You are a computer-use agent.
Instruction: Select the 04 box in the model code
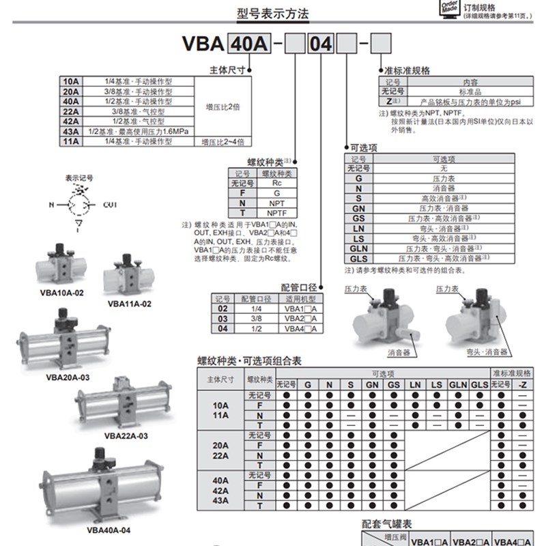click(321, 44)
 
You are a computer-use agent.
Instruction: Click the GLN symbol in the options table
click(358, 249)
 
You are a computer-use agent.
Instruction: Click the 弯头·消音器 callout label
click(482, 353)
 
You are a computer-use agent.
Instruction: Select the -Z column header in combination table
click(522, 385)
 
